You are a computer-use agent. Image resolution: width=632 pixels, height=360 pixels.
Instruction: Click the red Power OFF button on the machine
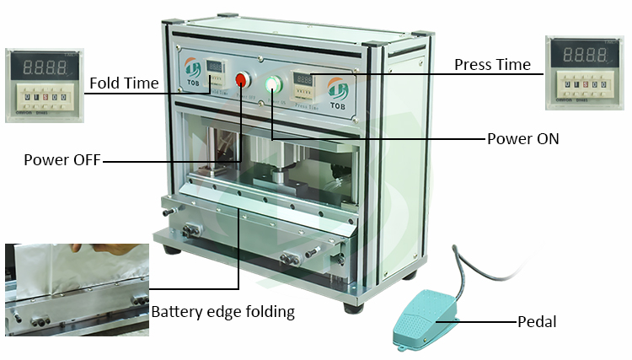[242, 81]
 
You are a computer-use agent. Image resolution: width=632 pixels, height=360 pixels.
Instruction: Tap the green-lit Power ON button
[272, 83]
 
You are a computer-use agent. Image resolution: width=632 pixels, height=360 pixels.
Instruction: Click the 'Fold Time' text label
[123, 83]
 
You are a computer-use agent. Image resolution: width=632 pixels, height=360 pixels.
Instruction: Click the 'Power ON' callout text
[523, 138]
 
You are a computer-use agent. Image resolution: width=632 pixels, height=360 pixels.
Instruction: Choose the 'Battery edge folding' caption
[223, 312]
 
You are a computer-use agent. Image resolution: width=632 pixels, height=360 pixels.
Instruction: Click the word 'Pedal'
[538, 321]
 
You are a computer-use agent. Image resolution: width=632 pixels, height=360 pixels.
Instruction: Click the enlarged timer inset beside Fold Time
[43, 85]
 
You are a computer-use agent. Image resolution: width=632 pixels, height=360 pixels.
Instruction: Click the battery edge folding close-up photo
[76, 290]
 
